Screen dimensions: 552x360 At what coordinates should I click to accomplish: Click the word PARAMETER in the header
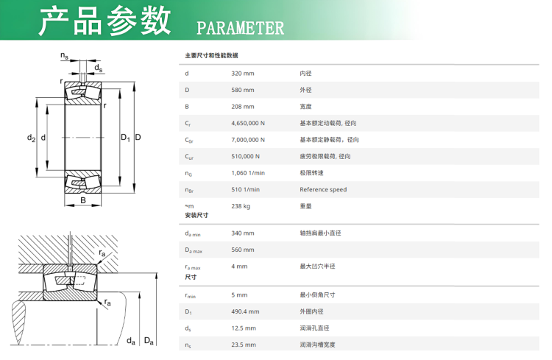[x=240, y=28]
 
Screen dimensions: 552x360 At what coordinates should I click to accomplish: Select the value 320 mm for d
[x=243, y=74]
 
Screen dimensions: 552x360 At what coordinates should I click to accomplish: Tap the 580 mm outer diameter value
[x=243, y=90]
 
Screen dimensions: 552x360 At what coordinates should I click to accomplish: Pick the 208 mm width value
[x=243, y=106]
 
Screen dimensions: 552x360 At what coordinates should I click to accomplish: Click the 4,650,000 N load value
[x=248, y=123]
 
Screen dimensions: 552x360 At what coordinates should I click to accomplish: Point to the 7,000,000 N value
[x=248, y=140]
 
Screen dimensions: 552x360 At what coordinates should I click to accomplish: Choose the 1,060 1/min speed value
[x=248, y=173]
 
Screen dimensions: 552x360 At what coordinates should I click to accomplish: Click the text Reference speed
[x=323, y=189]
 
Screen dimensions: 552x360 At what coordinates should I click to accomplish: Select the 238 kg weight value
[x=241, y=206]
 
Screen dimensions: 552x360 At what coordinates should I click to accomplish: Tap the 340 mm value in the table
[x=243, y=233]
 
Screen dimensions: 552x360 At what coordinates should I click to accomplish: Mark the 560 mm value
[x=243, y=250]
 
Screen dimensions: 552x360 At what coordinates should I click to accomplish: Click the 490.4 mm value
[x=245, y=311]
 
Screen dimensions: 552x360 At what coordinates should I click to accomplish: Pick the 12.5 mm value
[x=244, y=328]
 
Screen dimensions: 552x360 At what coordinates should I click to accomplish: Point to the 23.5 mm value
[x=244, y=345]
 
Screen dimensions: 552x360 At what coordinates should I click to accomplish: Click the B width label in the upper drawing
[x=83, y=200]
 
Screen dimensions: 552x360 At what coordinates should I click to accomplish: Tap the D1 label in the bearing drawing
[x=125, y=138]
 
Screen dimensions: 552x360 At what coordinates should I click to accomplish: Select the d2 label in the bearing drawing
[x=32, y=138]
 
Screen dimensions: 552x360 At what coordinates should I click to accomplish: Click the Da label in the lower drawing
[x=149, y=341]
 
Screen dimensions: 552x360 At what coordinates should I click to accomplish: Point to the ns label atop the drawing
[x=65, y=55]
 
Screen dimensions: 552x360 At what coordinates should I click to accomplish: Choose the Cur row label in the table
[x=189, y=157]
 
